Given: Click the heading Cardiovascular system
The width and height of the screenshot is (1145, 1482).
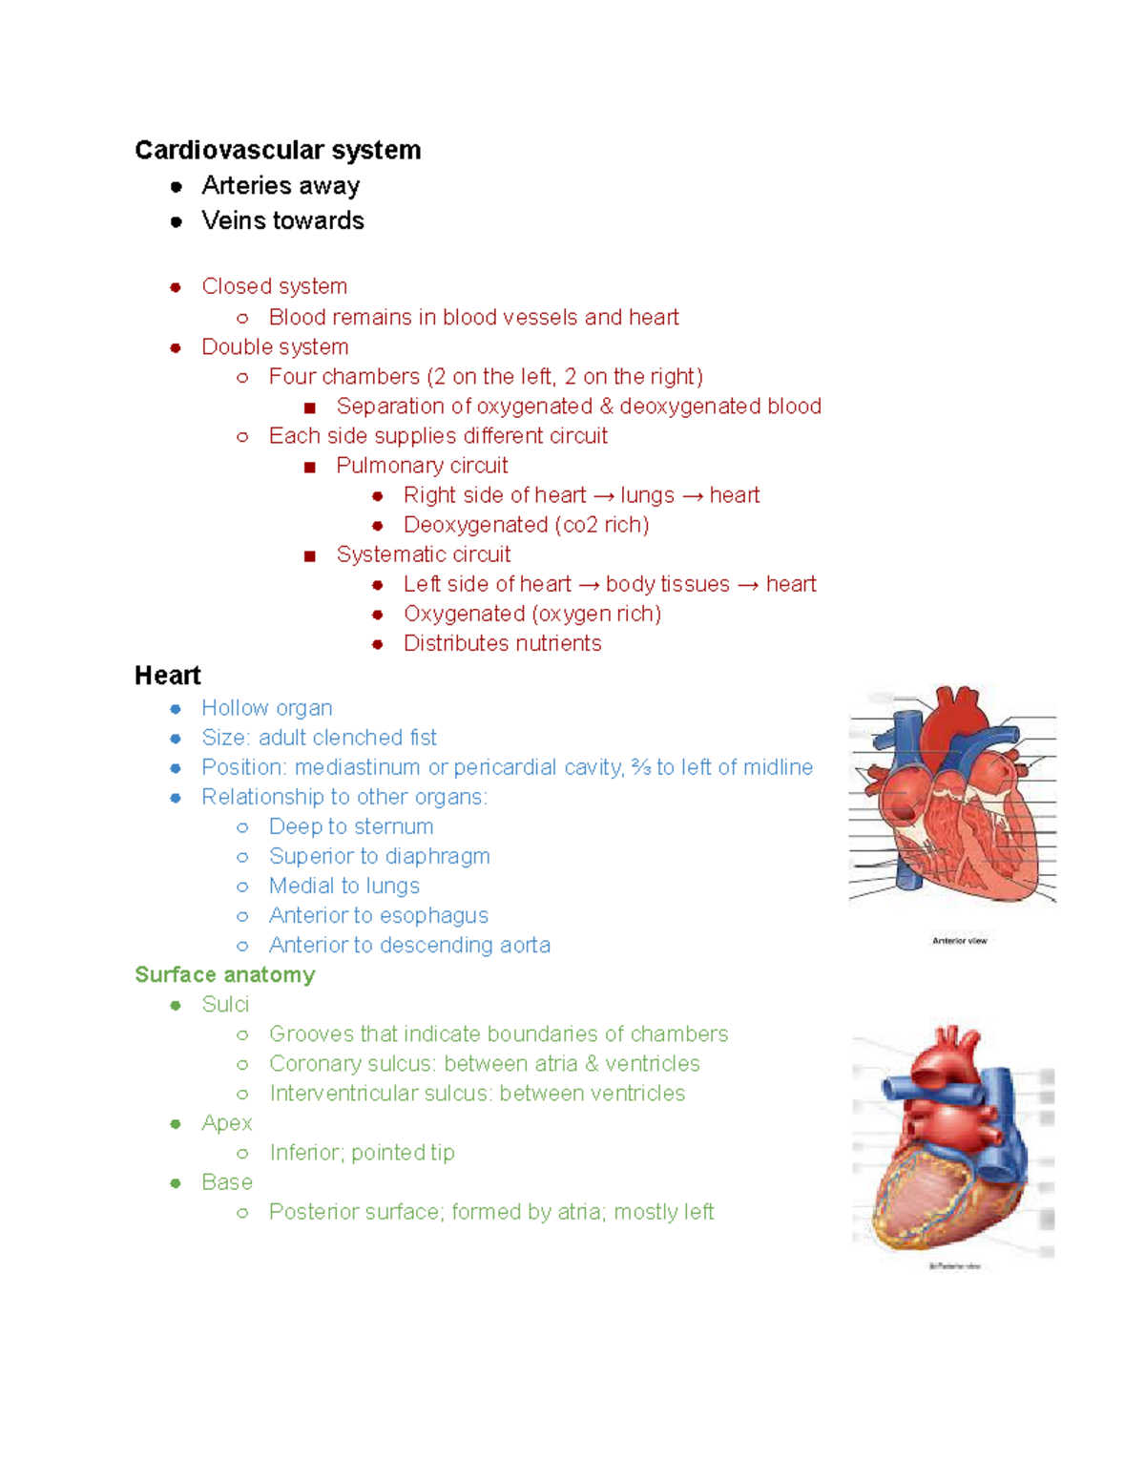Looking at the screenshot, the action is point(277,150).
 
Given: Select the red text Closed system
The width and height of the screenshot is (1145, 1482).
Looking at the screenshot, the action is point(274,286).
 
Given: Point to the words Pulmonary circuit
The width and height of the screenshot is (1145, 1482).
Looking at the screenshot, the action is point(422,466).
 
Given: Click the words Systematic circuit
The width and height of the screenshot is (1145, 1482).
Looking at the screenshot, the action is point(423,554).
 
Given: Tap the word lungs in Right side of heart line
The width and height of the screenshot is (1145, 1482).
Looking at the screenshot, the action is point(647,495).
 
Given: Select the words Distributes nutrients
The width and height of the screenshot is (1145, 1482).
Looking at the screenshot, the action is point(502,643).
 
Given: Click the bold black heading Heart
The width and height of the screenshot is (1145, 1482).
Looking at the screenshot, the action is point(168,676).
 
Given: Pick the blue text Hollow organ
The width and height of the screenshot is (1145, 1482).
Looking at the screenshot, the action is point(266,708).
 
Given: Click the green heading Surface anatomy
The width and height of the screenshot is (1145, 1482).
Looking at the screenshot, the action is point(224,974).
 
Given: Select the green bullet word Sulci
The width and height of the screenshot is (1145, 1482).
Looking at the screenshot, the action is point(225,1005).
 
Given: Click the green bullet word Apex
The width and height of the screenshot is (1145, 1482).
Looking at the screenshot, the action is point(226,1123).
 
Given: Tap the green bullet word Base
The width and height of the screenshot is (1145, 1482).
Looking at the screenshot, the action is point(227,1182).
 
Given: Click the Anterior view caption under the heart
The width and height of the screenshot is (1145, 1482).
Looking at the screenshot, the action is point(959,941).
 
